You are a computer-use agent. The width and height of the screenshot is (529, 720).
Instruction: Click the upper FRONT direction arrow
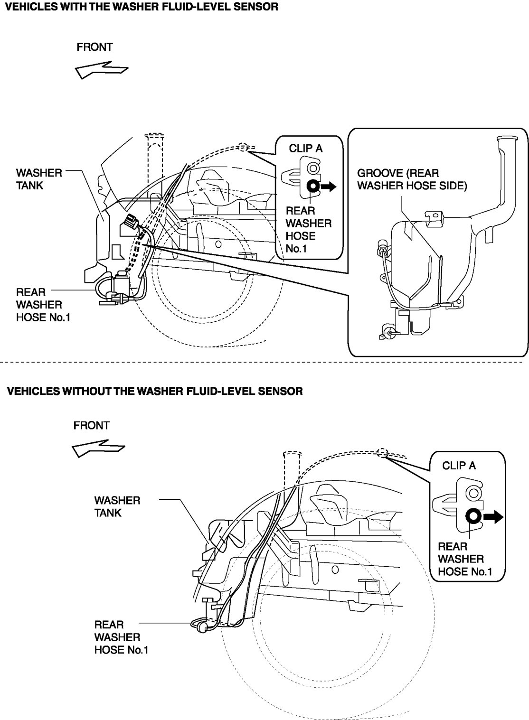tap(101, 70)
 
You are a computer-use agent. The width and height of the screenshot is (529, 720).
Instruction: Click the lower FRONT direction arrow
tap(98, 448)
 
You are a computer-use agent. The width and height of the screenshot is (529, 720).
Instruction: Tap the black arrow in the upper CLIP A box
tap(328, 187)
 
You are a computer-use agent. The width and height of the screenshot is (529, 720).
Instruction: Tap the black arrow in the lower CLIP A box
tap(492, 517)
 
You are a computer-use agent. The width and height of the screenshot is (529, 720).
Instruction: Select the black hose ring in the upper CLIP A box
tap(313, 187)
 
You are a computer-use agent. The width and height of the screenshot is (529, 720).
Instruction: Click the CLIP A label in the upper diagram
tap(305, 148)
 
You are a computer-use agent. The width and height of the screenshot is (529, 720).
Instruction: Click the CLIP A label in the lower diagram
tap(459, 466)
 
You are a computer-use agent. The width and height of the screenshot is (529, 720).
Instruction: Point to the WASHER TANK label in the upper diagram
tap(39, 179)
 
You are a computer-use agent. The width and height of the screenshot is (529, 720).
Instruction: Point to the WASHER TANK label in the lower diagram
tap(117, 506)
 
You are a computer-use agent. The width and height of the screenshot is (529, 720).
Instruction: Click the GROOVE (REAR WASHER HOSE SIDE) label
tap(412, 179)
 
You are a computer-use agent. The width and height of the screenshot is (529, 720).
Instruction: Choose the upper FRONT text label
tap(94, 47)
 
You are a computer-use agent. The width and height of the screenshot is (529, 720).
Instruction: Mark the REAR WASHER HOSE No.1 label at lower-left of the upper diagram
tap(43, 305)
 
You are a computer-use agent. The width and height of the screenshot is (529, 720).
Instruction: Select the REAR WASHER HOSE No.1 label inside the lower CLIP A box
tap(465, 559)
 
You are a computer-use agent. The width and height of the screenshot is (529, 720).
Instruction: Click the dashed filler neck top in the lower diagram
tap(293, 454)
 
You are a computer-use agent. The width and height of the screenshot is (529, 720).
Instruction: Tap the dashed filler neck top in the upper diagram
tap(154, 135)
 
